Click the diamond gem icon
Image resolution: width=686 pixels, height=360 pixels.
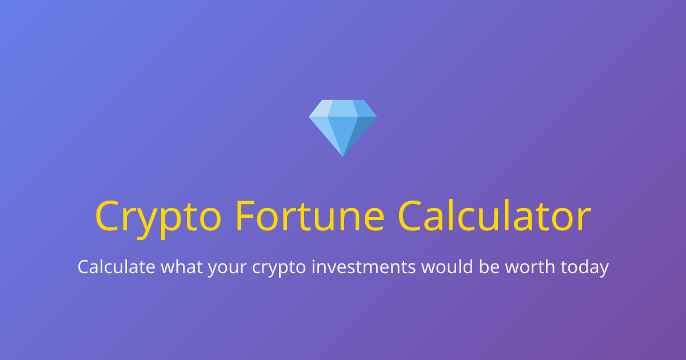pos(343,127)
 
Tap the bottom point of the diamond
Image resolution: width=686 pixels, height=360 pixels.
pos(343,154)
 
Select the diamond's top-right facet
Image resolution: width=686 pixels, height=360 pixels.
pos(364,109)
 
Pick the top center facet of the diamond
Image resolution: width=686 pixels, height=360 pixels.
pos(343,108)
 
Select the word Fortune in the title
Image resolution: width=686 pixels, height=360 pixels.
pos(309,216)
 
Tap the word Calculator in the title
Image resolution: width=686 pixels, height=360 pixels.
pos(494,216)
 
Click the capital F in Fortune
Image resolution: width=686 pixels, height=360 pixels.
pos(245,216)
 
